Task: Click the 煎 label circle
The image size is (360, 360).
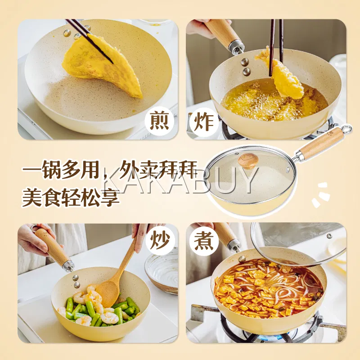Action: (159, 121)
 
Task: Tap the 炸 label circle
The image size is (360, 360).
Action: (204, 121)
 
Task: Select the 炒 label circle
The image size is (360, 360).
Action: (160, 241)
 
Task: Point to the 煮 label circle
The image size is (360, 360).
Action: (204, 241)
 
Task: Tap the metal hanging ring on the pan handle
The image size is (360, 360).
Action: (346, 129)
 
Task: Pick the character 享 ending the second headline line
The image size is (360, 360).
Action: (110, 197)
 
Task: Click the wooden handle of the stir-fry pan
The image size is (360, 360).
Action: (52, 246)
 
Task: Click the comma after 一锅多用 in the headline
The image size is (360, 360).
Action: (105, 175)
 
